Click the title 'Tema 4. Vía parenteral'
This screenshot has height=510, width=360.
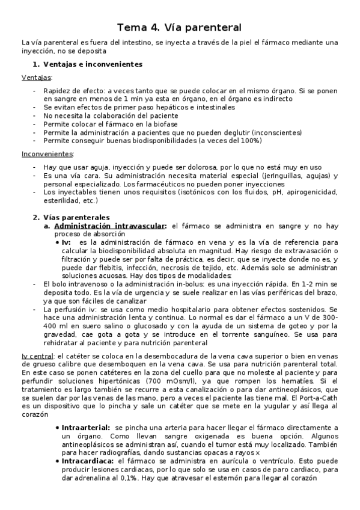(x=179, y=27)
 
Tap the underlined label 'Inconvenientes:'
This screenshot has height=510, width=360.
(x=47, y=153)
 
